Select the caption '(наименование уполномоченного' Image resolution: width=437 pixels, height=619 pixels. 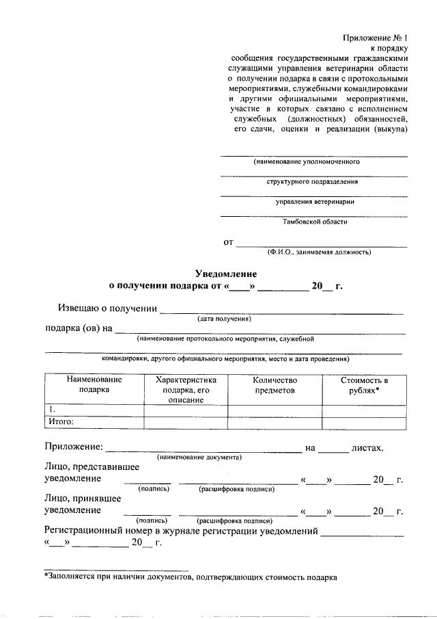[x=307, y=162]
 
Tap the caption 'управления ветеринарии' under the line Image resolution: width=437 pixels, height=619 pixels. [x=315, y=202]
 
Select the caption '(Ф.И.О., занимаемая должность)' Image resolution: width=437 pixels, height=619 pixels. [x=320, y=252]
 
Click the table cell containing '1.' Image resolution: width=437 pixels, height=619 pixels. [x=94, y=410]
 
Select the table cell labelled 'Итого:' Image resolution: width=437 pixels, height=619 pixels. [x=94, y=422]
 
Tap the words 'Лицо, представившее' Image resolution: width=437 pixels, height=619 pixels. [x=92, y=466]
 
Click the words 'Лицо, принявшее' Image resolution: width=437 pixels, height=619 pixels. [x=83, y=499]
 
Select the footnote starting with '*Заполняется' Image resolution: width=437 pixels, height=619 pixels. [x=191, y=577]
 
